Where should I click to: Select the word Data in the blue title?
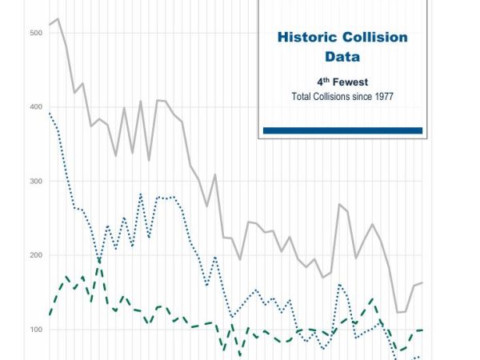click(x=342, y=57)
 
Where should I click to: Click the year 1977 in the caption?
click(x=383, y=97)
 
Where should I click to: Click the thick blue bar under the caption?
click(x=342, y=130)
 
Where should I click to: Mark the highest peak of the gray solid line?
click(x=58, y=18)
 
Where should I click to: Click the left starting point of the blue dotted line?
click(x=50, y=113)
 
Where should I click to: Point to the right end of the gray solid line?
click(x=422, y=282)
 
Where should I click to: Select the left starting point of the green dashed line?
click(x=50, y=314)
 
